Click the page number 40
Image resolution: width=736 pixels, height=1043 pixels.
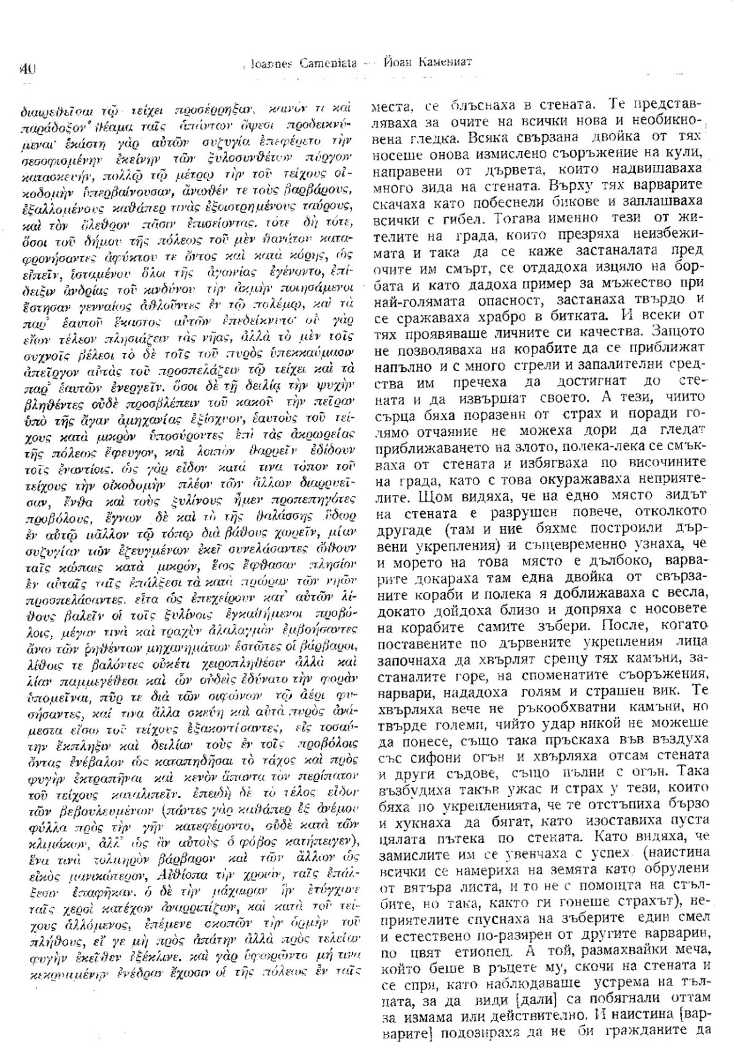coord(28,69)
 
